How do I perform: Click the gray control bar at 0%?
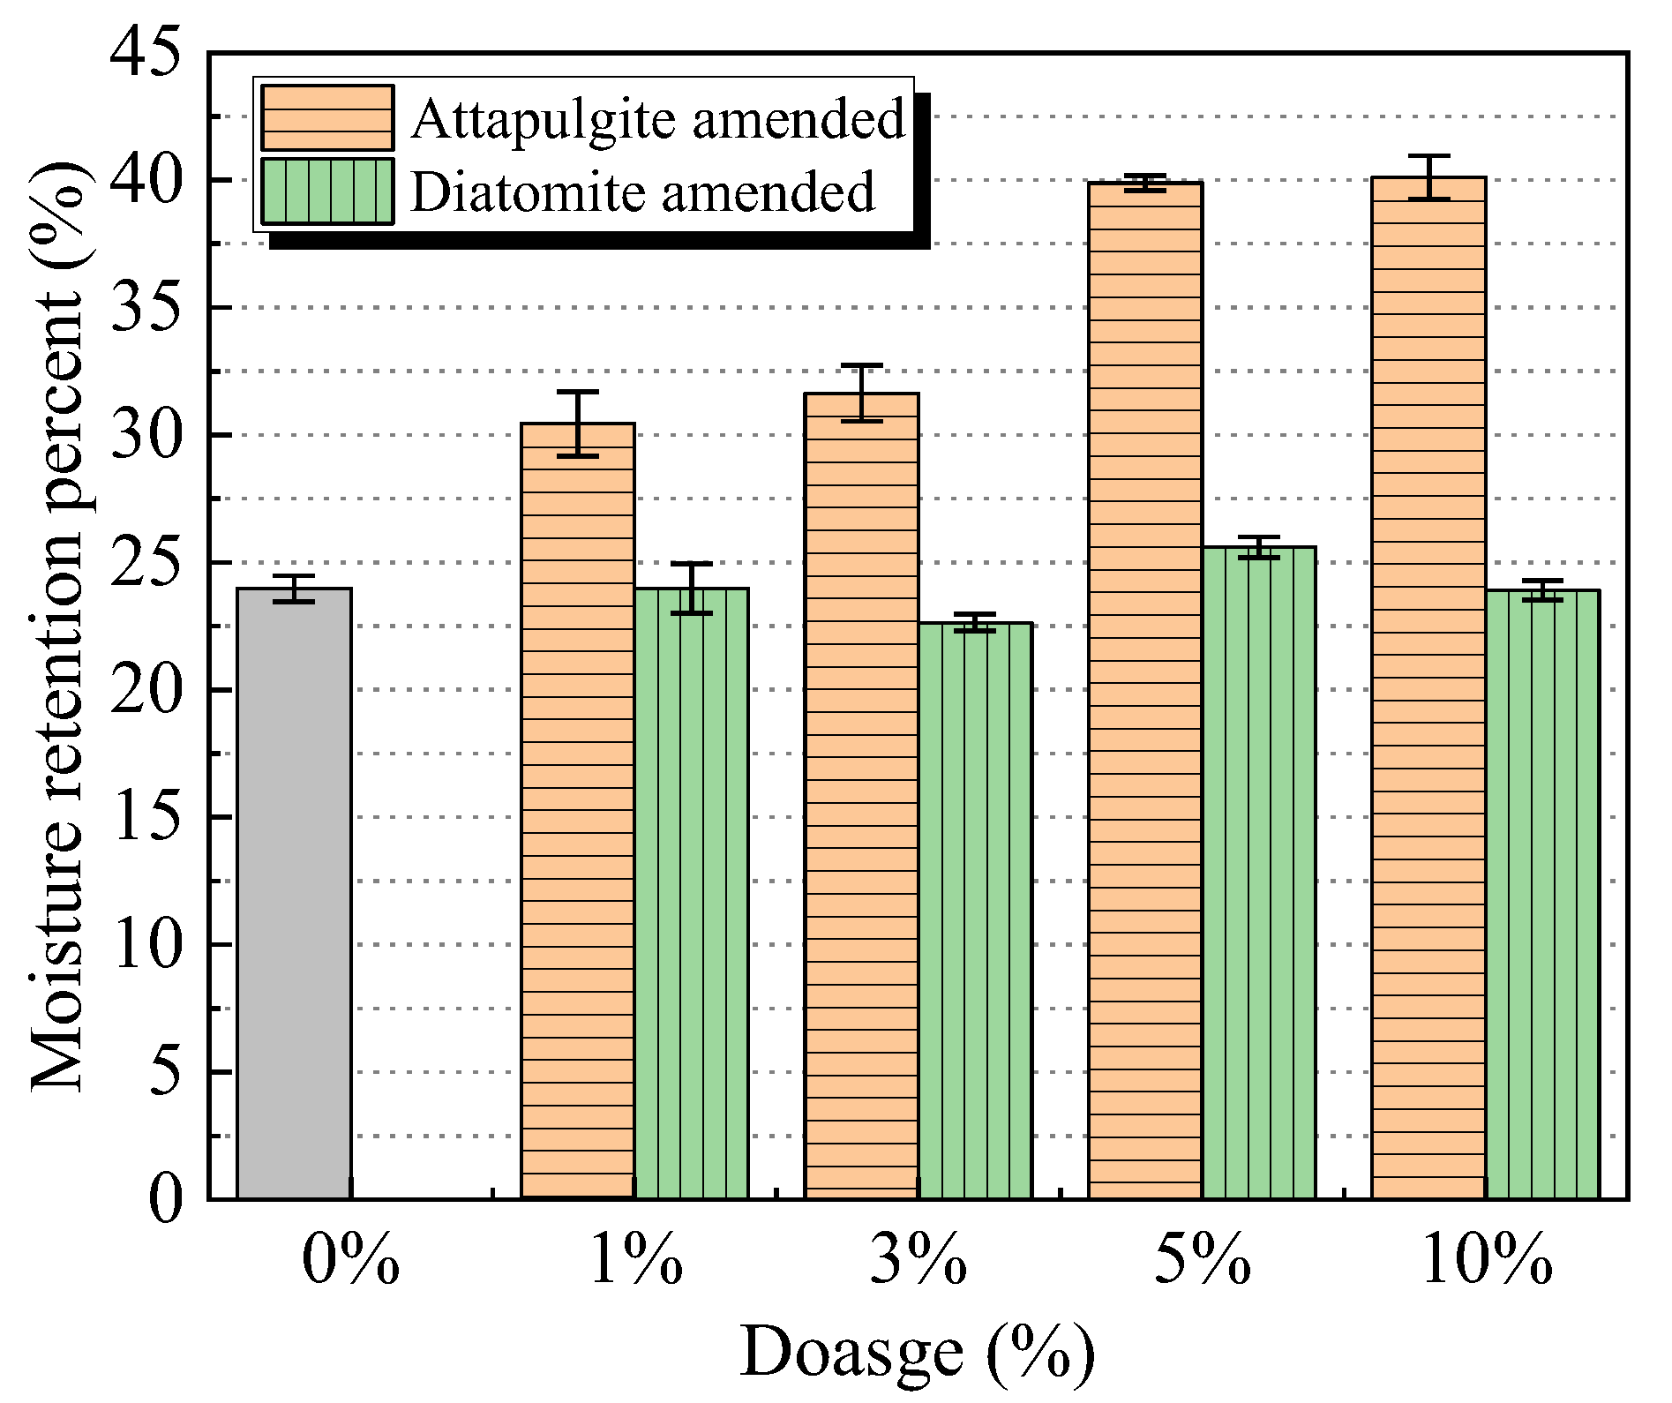(x=294, y=893)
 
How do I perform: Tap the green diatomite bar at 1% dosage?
(x=692, y=893)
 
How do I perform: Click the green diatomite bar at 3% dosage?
(x=975, y=911)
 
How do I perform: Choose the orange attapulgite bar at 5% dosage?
(x=1145, y=690)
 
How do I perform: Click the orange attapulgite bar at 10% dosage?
(x=1428, y=687)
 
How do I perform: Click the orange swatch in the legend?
(x=327, y=118)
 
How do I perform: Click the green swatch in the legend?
(x=327, y=191)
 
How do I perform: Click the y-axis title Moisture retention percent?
(x=58, y=626)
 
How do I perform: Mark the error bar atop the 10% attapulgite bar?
(x=1428, y=177)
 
